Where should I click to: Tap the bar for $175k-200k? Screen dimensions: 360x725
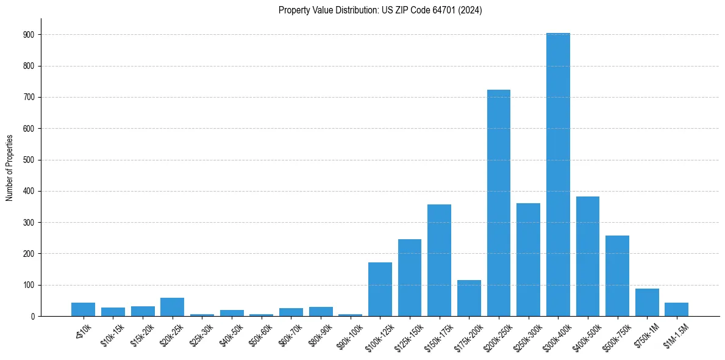[x=469, y=298]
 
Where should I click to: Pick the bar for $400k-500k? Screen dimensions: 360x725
[x=588, y=256]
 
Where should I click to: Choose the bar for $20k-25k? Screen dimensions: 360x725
[x=172, y=307]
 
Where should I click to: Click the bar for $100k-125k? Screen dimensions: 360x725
[x=380, y=289]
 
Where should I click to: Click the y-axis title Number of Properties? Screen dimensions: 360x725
[x=9, y=168]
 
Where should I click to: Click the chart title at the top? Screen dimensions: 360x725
[x=380, y=10]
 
